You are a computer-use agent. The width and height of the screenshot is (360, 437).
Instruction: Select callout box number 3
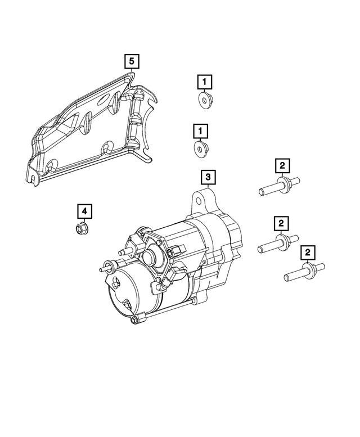pyautogui.click(x=208, y=178)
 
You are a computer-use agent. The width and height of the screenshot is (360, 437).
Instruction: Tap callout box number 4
pyautogui.click(x=84, y=211)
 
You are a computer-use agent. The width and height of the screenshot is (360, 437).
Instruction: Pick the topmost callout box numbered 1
pyautogui.click(x=205, y=82)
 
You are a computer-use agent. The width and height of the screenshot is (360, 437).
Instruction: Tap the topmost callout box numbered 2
pyautogui.click(x=282, y=165)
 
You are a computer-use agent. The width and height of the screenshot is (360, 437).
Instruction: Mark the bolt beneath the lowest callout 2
pyautogui.click(x=304, y=272)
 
